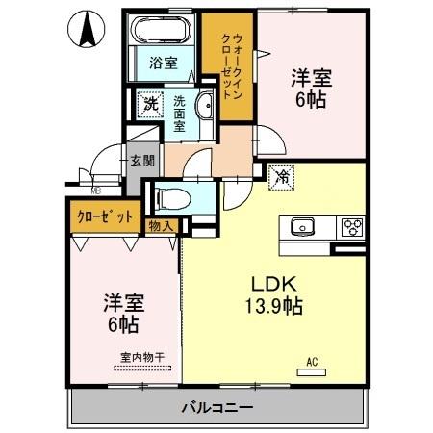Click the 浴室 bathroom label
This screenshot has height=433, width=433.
[163, 64]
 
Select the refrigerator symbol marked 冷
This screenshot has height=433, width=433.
[282, 177]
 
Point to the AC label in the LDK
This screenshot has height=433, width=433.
[311, 362]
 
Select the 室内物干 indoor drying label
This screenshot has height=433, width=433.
[141, 357]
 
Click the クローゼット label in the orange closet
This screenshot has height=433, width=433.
[104, 216]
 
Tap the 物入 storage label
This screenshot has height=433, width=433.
[161, 226]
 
